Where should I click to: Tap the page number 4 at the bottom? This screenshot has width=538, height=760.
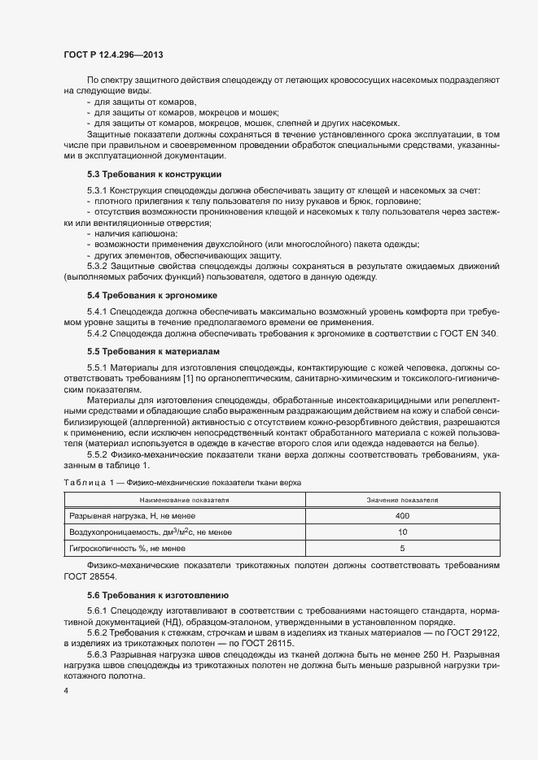(x=66, y=690)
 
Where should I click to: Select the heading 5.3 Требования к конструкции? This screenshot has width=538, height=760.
(x=154, y=175)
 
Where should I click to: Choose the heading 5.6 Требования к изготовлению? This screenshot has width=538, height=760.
(x=158, y=595)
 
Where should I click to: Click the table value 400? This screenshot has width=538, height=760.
(x=402, y=516)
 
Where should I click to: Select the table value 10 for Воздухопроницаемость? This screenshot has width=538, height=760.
(x=402, y=532)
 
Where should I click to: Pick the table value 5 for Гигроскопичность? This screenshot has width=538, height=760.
(x=402, y=549)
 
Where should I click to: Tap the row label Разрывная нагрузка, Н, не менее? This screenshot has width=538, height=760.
(x=130, y=516)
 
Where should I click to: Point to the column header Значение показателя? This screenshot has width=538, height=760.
(x=402, y=499)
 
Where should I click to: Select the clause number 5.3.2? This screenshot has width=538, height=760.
(x=100, y=266)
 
